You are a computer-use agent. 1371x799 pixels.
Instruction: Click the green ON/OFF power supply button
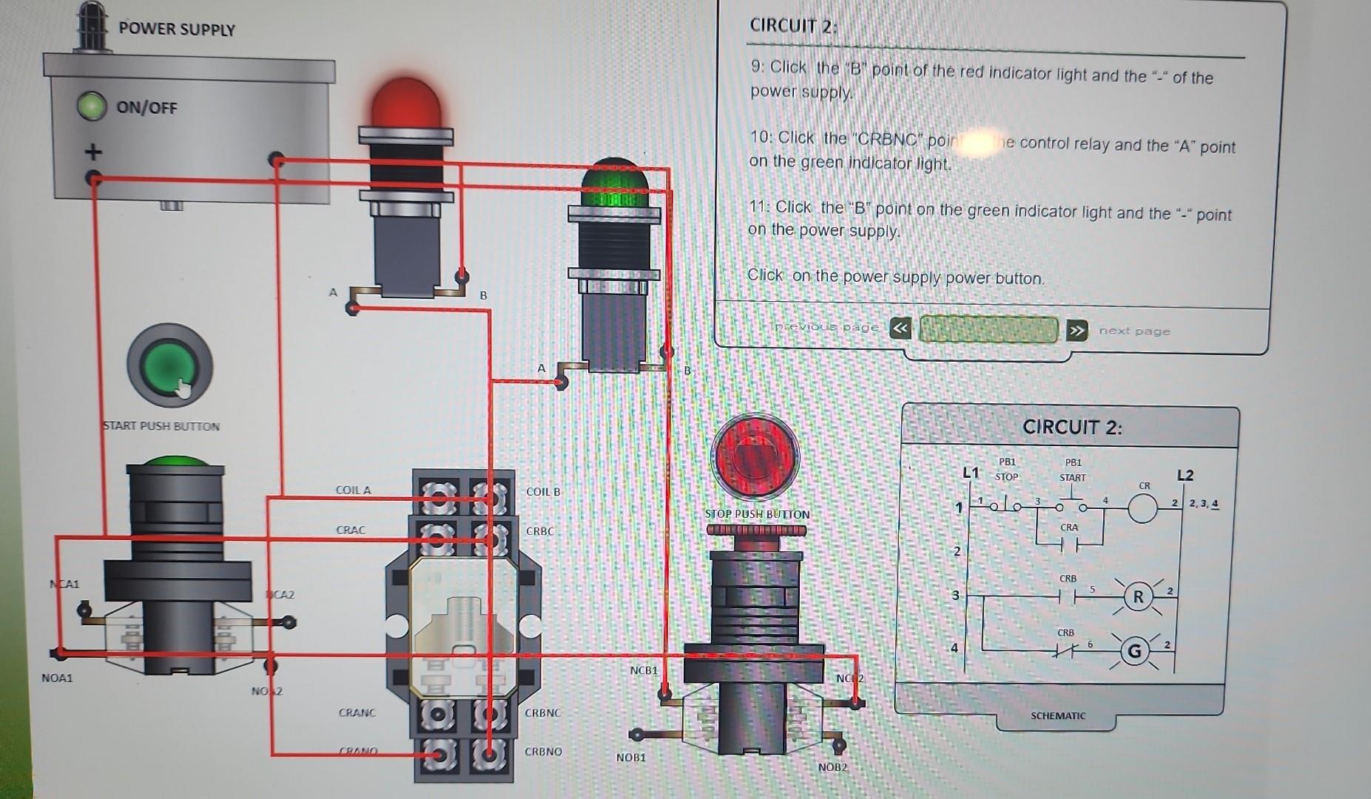click(x=92, y=107)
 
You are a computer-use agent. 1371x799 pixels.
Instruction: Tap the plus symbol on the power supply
click(x=92, y=152)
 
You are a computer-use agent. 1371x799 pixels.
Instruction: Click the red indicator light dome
click(x=405, y=104)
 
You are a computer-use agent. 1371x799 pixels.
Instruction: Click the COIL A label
click(x=353, y=490)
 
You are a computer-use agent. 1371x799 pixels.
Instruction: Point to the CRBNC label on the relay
click(x=543, y=713)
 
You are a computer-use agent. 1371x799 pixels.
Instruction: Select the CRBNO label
click(x=543, y=752)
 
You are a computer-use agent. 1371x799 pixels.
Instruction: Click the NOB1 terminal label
click(x=630, y=758)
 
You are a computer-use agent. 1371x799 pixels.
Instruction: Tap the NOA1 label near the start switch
click(x=57, y=678)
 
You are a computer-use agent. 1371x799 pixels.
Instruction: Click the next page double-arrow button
click(x=1077, y=330)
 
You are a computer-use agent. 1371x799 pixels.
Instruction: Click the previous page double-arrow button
click(x=900, y=328)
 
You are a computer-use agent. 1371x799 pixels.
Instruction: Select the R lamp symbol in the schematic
click(x=1138, y=597)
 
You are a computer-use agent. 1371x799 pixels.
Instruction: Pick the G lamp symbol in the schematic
click(x=1134, y=652)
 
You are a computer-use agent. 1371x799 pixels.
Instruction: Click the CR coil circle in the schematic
click(x=1142, y=509)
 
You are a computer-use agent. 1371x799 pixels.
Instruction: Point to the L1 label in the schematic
click(x=971, y=473)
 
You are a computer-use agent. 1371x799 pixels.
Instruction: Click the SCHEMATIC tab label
click(x=1057, y=715)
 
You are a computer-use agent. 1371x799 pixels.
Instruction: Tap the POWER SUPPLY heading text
click(x=177, y=30)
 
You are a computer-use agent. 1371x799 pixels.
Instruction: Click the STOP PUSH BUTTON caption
click(x=757, y=514)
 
